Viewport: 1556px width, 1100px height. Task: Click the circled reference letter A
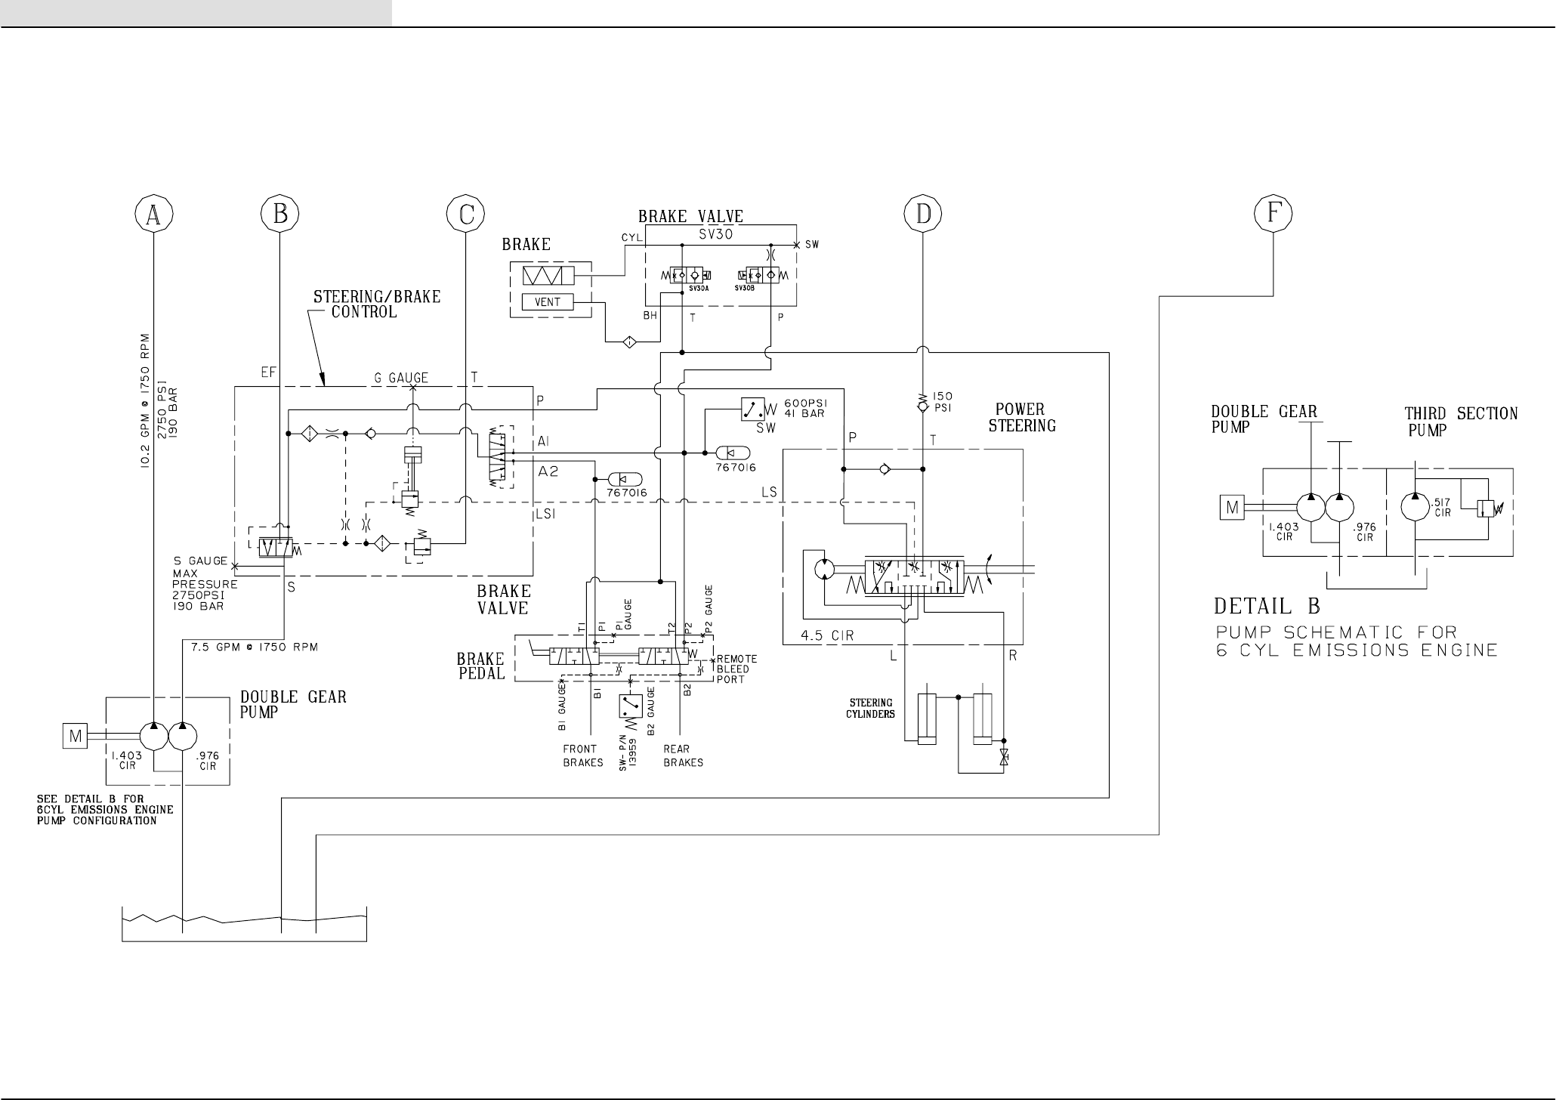point(153,215)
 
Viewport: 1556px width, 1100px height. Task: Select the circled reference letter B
point(280,215)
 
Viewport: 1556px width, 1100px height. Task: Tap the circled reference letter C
point(466,215)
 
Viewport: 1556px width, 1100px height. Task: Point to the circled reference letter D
point(923,215)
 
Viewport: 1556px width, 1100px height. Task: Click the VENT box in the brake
point(548,302)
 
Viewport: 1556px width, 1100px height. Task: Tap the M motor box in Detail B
point(1232,508)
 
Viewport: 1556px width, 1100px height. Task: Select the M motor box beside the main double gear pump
point(76,735)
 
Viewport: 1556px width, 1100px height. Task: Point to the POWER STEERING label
point(1022,418)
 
